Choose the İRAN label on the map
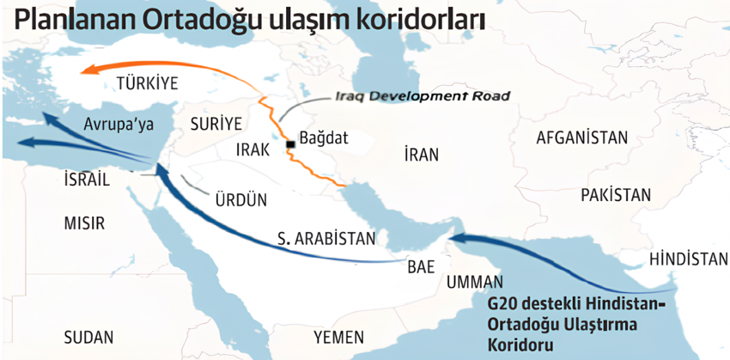tap(420, 156)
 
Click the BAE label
tap(418, 268)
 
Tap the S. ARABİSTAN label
tap(325, 238)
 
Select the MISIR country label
tap(85, 223)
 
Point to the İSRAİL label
tap(87, 180)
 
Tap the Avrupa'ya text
tap(119, 124)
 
